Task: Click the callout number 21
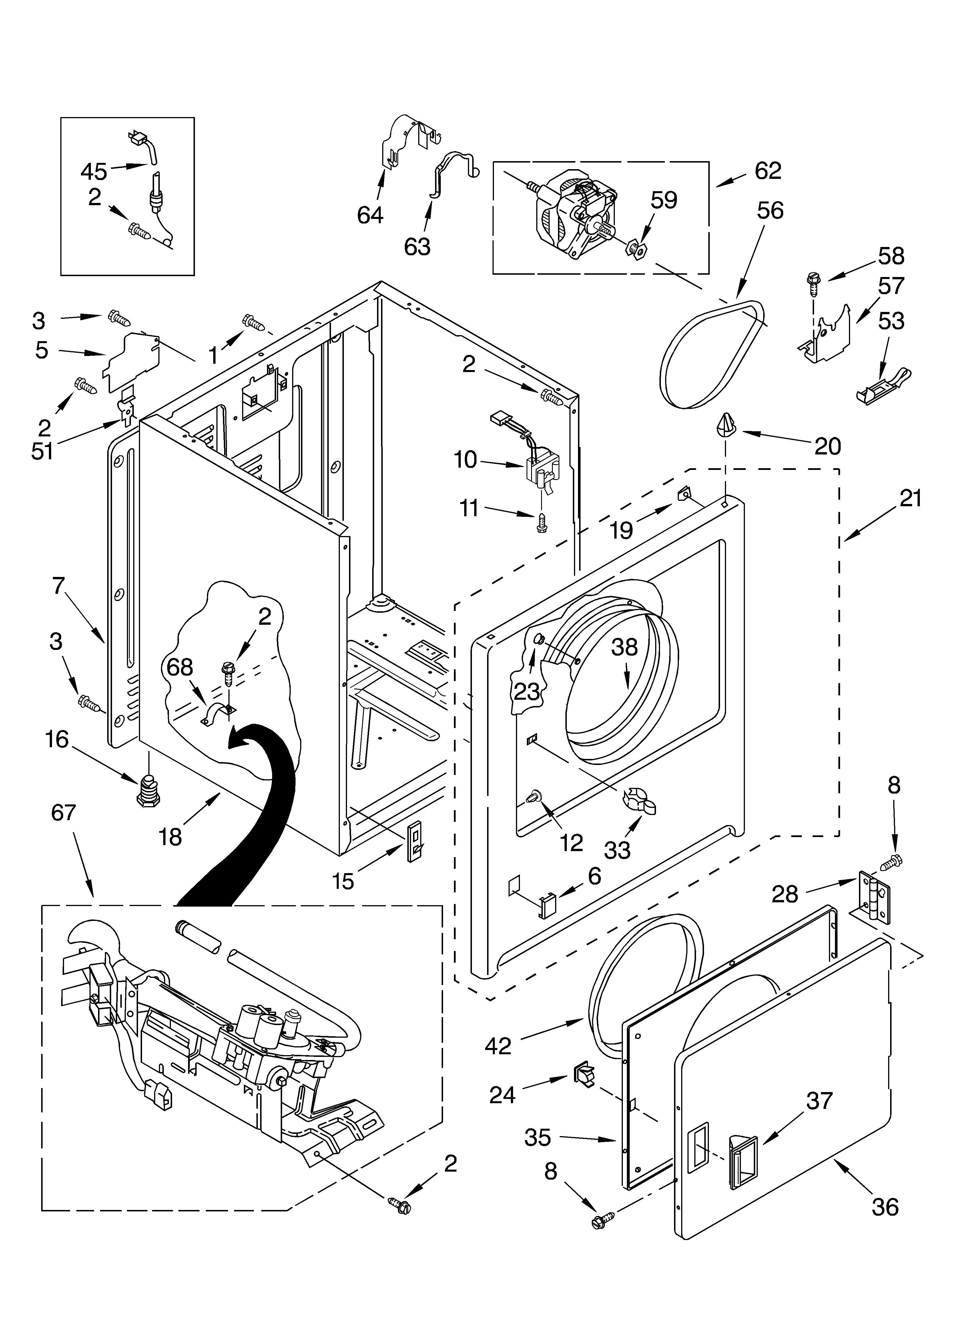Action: [x=910, y=499]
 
